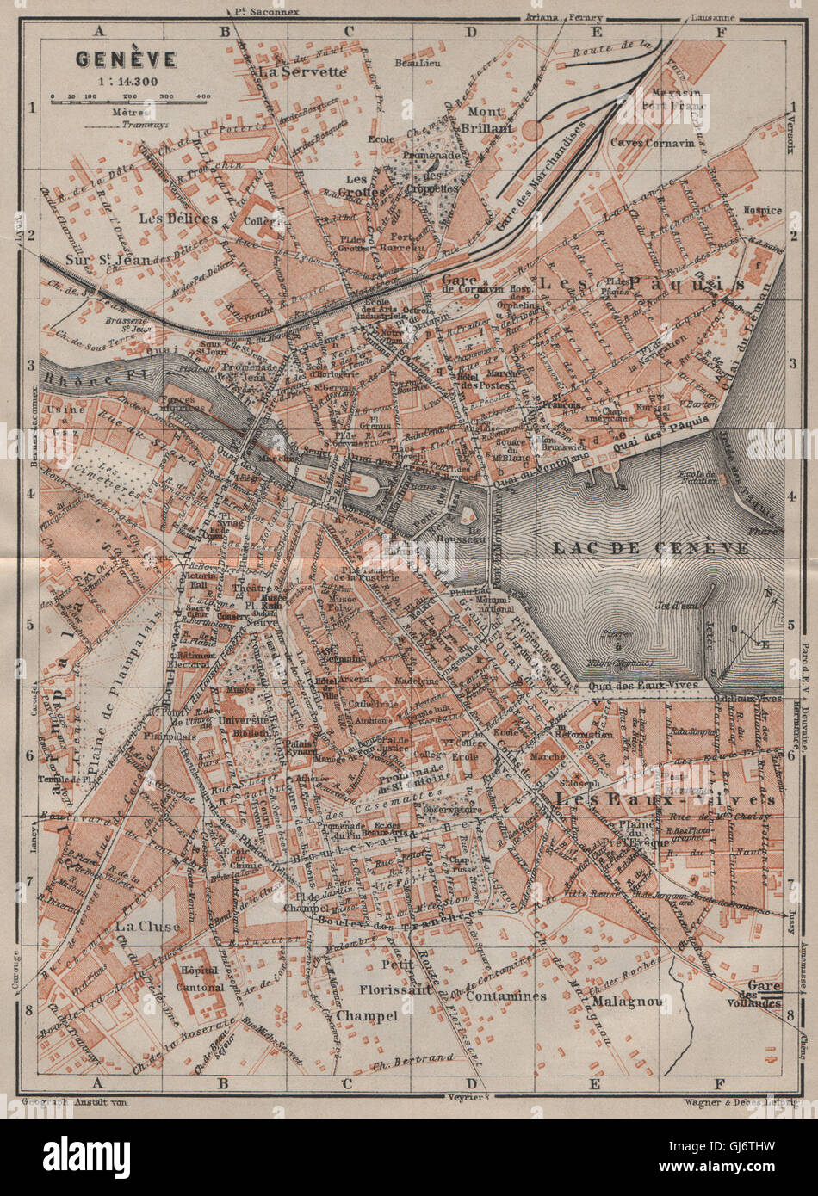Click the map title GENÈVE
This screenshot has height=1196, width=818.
[126, 59]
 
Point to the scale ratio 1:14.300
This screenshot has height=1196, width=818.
[126, 82]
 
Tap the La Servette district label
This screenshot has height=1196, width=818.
[301, 72]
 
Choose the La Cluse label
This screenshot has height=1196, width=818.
[147, 926]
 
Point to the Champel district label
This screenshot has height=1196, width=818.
[367, 1015]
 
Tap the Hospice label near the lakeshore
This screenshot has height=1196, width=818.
[763, 210]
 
